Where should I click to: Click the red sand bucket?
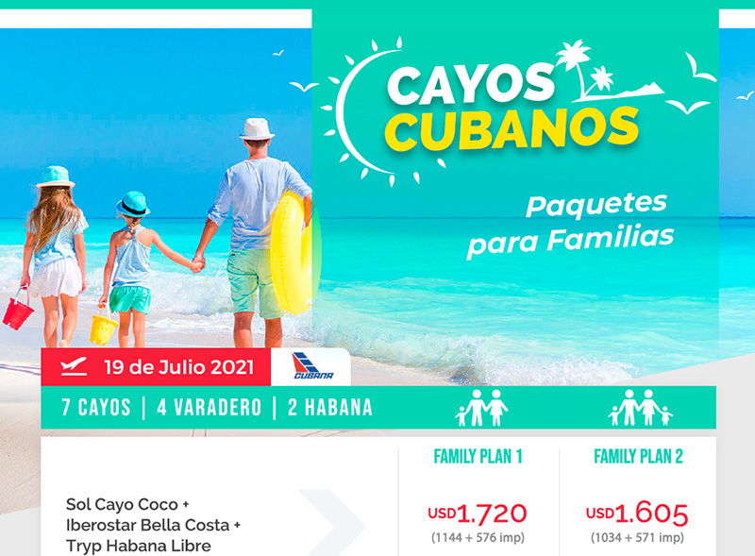[x=18, y=312]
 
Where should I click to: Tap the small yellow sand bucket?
[x=103, y=329]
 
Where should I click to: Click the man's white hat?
[x=257, y=129]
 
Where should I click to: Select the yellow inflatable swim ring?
[x=292, y=252]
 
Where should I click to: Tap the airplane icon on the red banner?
[x=74, y=366]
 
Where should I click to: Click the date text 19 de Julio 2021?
[x=178, y=367]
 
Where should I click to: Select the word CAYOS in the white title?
[x=471, y=85]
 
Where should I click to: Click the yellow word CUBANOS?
[x=512, y=128]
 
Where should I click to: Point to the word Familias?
[x=610, y=239]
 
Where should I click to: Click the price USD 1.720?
[x=478, y=514]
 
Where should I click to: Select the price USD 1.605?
[x=636, y=514]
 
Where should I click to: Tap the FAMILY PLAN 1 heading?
[x=478, y=456]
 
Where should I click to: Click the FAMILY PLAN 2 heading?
[x=638, y=456]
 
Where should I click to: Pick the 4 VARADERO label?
[x=209, y=408]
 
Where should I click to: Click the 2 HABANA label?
[x=330, y=408]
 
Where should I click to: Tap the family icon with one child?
[x=481, y=408]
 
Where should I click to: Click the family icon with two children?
[x=640, y=408]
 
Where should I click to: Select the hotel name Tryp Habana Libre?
[x=138, y=546]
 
